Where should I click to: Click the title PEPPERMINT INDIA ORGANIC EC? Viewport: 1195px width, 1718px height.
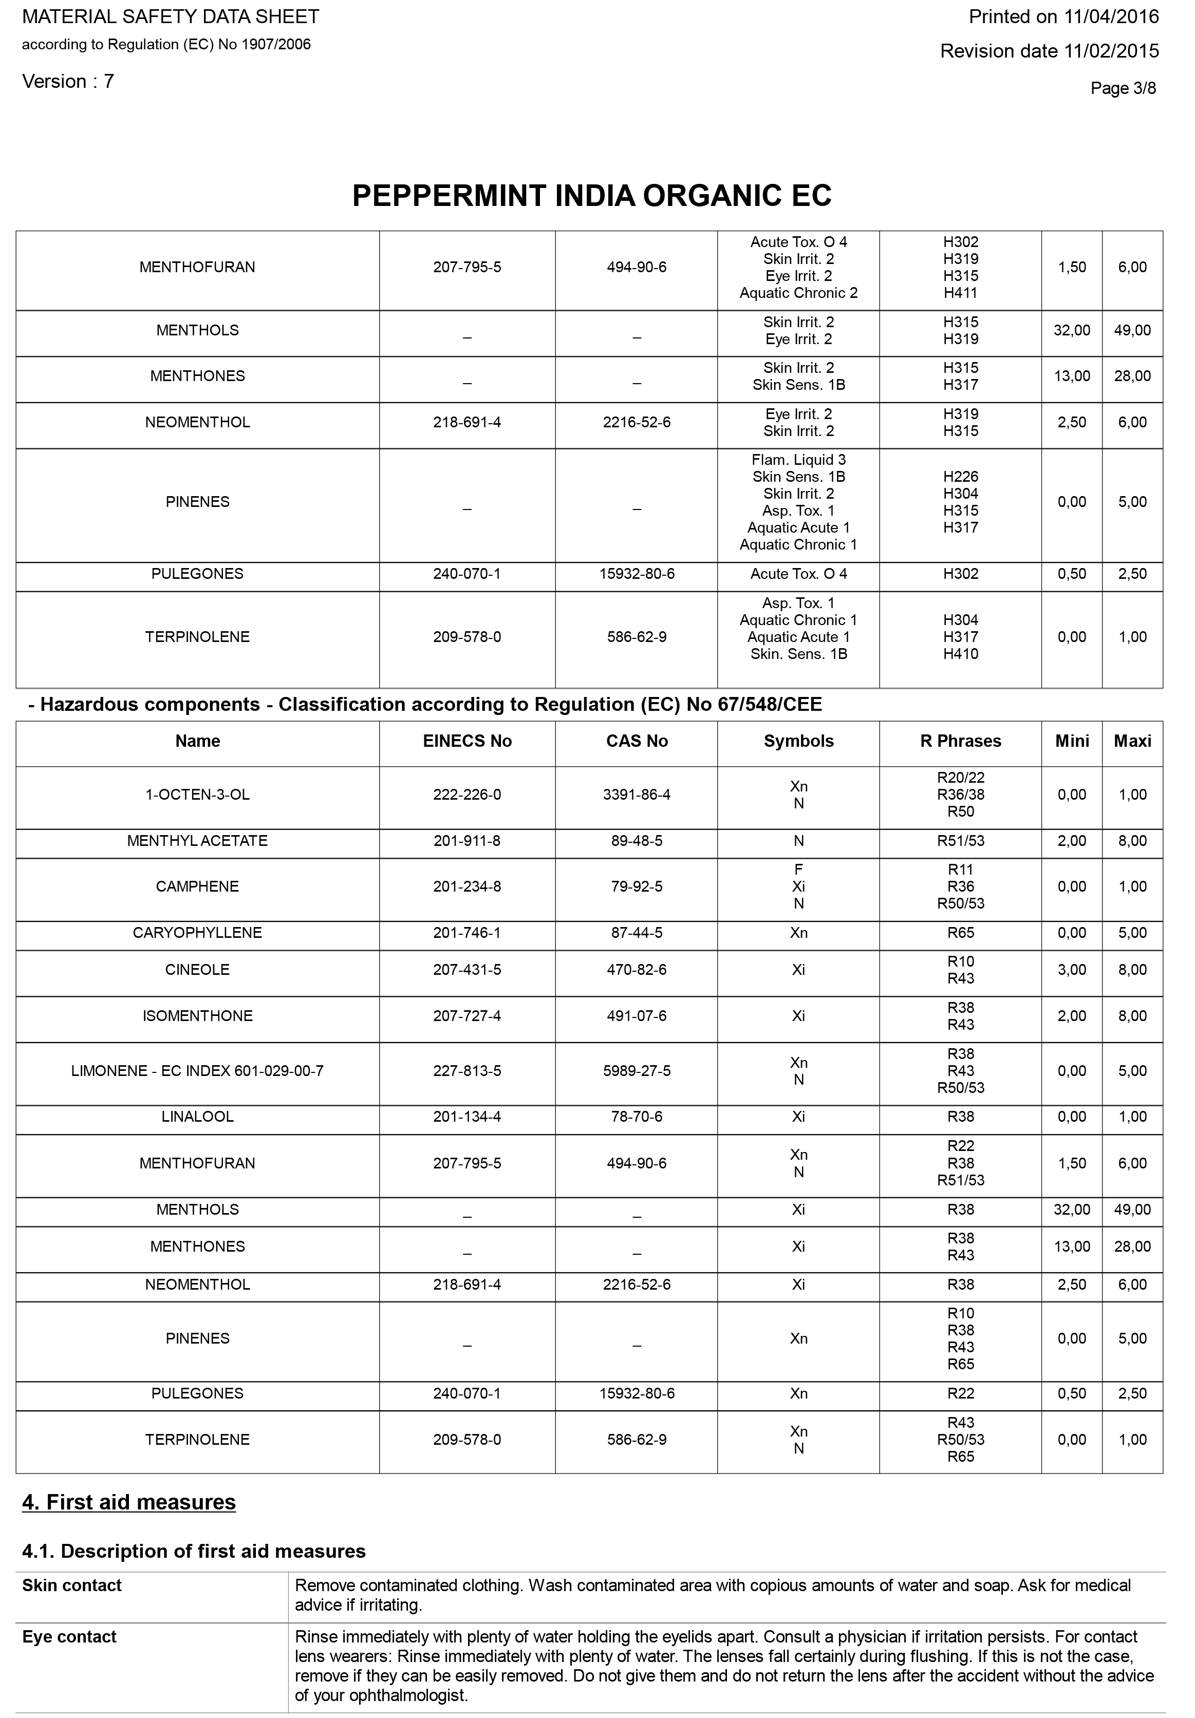591,196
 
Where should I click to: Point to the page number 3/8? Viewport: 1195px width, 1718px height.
1123,88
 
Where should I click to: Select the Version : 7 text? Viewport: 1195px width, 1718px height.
68,82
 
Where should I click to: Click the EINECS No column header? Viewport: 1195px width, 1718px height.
467,741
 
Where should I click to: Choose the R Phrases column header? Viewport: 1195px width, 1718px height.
960,741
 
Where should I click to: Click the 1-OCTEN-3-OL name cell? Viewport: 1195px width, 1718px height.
198,795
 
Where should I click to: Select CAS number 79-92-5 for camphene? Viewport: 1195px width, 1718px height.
636,886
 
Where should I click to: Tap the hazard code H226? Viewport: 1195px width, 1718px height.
960,477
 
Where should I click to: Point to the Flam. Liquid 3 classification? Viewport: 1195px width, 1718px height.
798,460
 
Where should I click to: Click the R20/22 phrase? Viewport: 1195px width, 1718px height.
960,778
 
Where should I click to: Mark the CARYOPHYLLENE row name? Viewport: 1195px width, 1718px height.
198,933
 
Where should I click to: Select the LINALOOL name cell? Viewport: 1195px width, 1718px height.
198,1117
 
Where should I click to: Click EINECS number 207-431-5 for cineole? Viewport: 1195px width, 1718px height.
467,970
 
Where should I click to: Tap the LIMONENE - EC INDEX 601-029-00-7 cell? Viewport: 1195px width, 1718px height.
198,1071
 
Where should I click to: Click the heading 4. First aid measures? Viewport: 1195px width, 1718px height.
129,1502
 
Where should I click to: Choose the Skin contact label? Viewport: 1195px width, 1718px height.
72,1585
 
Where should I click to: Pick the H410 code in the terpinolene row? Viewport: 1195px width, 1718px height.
960,654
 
